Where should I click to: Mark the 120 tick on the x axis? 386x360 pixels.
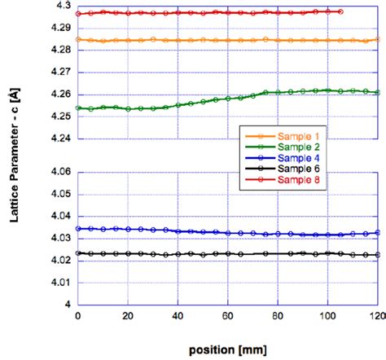(376, 314)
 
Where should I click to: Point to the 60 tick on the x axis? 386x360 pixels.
(227, 314)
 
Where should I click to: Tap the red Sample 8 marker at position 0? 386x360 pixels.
(78, 14)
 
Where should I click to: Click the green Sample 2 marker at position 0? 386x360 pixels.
(78, 108)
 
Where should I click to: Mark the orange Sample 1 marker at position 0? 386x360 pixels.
(78, 39)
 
